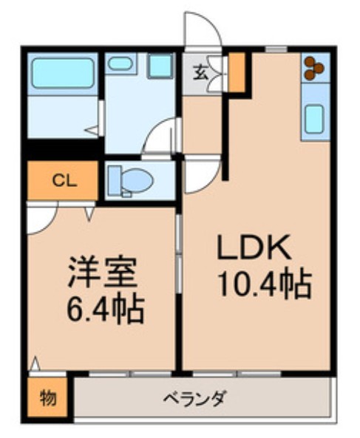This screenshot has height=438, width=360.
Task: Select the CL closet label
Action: click(x=62, y=179)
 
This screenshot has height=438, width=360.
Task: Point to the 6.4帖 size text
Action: click(x=103, y=309)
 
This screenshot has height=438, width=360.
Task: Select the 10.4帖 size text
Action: click(x=262, y=284)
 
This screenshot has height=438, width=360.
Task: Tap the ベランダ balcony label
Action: click(x=195, y=399)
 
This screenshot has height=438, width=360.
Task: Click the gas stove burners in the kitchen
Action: click(x=313, y=67)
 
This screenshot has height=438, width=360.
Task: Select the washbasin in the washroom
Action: click(x=118, y=64)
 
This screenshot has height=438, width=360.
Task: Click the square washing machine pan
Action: click(x=159, y=65)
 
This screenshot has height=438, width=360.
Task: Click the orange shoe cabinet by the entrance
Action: click(x=236, y=72)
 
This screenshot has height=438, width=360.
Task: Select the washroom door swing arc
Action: click(x=161, y=137)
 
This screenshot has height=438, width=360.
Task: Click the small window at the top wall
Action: click(x=276, y=49)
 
